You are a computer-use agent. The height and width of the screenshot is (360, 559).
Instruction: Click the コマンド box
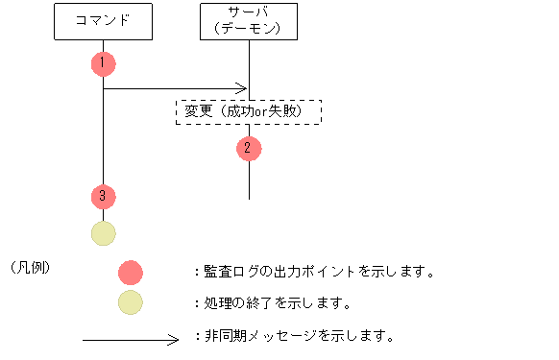click(103, 21)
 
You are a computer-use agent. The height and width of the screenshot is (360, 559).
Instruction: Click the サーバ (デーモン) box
click(249, 21)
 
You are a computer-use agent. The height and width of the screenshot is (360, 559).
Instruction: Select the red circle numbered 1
click(103, 63)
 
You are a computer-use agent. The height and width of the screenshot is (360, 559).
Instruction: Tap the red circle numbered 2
click(248, 148)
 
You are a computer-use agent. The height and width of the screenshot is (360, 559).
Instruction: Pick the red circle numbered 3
click(103, 196)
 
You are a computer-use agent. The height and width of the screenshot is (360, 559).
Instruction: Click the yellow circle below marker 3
click(103, 233)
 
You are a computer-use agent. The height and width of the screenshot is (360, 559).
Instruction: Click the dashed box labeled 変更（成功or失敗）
click(248, 111)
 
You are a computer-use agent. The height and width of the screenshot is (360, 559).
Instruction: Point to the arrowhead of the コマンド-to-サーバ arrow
click(243, 89)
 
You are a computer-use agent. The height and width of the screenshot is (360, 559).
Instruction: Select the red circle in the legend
click(130, 273)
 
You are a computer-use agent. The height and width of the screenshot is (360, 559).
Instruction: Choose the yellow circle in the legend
click(130, 303)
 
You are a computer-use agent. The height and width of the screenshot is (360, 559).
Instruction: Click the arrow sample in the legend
click(131, 338)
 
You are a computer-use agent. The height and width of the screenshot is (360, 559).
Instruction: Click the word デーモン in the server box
click(249, 29)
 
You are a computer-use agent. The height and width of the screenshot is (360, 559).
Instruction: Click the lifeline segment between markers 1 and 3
click(103, 134)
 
